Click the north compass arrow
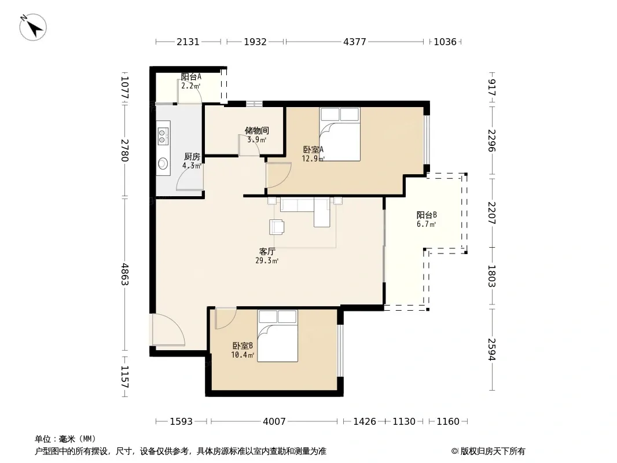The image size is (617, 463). (x=33, y=27)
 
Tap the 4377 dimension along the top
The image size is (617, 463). (x=355, y=42)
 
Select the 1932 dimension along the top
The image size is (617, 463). (x=255, y=42)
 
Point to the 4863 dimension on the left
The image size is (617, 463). (x=125, y=274)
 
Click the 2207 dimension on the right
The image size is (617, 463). (x=492, y=213)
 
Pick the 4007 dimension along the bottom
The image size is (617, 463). (x=274, y=422)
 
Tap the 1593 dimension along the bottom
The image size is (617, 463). (x=181, y=422)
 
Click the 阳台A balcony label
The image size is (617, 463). (x=191, y=77)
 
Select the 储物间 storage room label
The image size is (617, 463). (x=257, y=131)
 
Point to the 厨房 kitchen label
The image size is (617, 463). (x=192, y=157)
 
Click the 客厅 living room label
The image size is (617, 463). (x=267, y=251)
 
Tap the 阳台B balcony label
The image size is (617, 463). (x=427, y=215)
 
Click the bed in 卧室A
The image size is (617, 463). (x=340, y=134)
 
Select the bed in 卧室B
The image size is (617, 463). (x=278, y=336)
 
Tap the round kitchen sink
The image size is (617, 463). (x=163, y=163)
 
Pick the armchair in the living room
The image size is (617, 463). (x=277, y=227)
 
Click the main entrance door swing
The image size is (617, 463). (x=169, y=330)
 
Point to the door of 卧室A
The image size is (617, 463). (x=278, y=175)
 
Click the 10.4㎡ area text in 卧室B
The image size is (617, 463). (x=243, y=355)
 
